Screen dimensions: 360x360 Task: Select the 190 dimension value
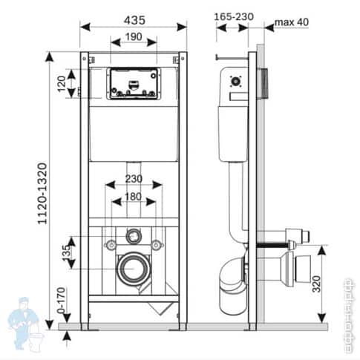pos(133,36)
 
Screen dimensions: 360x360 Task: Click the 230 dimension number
pos(133,179)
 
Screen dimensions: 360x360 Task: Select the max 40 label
pos(292,22)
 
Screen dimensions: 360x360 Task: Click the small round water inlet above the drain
pos(134,236)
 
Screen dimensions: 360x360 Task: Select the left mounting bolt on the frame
pos(110,245)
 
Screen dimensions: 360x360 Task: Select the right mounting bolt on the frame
pos(157,245)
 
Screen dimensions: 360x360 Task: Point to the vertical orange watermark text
pos(348,312)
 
